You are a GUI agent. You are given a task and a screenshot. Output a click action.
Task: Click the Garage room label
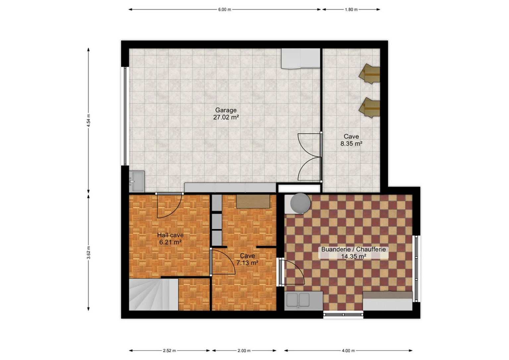pyautogui.click(x=226, y=110)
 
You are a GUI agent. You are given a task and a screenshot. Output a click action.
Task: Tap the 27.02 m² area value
pyautogui.click(x=226, y=118)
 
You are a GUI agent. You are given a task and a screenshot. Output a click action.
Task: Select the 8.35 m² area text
pyautogui.click(x=351, y=143)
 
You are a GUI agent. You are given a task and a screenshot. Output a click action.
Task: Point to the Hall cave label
pyautogui.click(x=170, y=235)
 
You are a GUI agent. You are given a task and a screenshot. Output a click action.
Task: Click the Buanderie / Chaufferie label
pyautogui.click(x=353, y=249)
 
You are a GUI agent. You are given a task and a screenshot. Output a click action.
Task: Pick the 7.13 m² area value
pyautogui.click(x=247, y=263)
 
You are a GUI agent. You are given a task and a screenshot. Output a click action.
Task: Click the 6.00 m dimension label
pyautogui.click(x=225, y=10)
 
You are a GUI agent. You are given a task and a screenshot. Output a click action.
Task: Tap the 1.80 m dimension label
pyautogui.click(x=351, y=10)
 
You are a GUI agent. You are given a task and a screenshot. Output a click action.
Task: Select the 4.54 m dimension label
pyautogui.click(x=88, y=120)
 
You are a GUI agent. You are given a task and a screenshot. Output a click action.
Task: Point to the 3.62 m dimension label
pyautogui.click(x=88, y=252)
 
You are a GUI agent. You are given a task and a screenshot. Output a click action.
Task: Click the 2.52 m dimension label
pyautogui.click(x=169, y=351)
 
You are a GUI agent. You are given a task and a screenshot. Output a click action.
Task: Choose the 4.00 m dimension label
pyautogui.click(x=348, y=351)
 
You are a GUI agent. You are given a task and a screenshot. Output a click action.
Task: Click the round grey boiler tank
pyautogui.click(x=300, y=204)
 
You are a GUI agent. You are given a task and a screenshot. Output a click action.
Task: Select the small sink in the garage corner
pyautogui.click(x=137, y=181)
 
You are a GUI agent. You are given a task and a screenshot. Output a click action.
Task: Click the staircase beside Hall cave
pyautogui.click(x=153, y=294)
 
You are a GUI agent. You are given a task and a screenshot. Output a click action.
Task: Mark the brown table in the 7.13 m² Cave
pyautogui.click(x=253, y=201)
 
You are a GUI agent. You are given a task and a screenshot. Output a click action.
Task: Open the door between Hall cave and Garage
pyautogui.click(x=169, y=205)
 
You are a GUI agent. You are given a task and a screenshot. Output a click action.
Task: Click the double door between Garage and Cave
pyautogui.click(x=310, y=157)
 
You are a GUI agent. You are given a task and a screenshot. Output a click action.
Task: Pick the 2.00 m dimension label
pyautogui.click(x=244, y=351)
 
